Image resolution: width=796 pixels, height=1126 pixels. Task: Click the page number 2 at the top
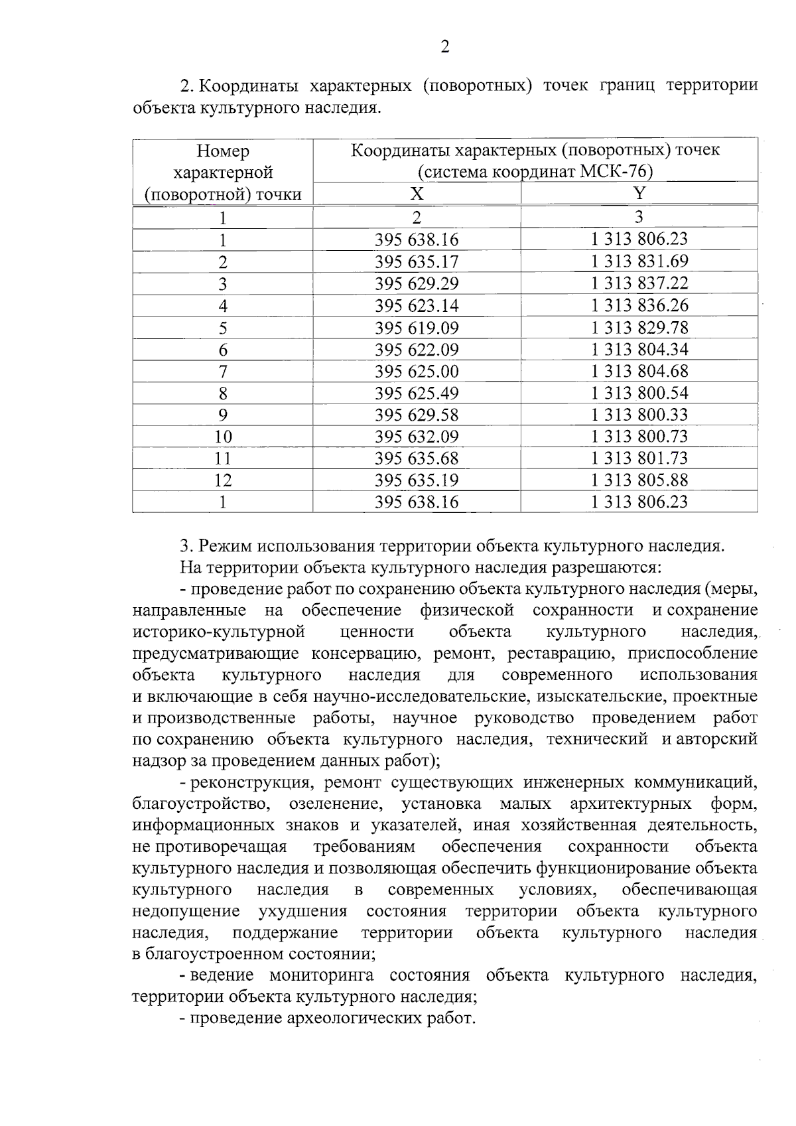pyautogui.click(x=444, y=46)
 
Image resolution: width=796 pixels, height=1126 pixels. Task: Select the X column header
pyautogui.click(x=416, y=193)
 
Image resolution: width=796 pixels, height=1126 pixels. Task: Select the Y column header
pyautogui.click(x=639, y=193)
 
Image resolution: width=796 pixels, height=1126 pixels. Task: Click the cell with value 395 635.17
pyautogui.click(x=416, y=261)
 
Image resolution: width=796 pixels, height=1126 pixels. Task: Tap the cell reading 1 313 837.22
pyautogui.click(x=639, y=283)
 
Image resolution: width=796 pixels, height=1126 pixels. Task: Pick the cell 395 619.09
pyautogui.click(x=416, y=328)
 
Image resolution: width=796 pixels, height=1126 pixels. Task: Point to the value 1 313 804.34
pyautogui.click(x=639, y=349)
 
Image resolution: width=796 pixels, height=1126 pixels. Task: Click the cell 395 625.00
pyautogui.click(x=416, y=371)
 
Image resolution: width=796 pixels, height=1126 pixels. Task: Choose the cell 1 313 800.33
pyautogui.click(x=639, y=415)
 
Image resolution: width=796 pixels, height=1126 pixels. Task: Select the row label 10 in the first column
pyautogui.click(x=223, y=437)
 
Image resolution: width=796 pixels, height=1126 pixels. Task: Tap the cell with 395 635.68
pyautogui.click(x=416, y=458)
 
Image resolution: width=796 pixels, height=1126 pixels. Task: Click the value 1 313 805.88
pyautogui.click(x=639, y=480)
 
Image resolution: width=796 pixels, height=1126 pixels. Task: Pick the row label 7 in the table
pyautogui.click(x=223, y=372)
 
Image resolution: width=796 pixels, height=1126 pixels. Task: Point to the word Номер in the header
pyautogui.click(x=223, y=151)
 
